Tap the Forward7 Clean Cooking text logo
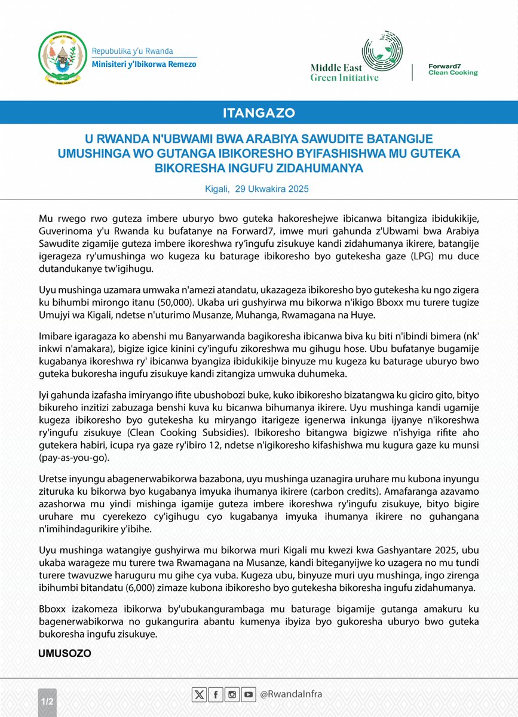point(453,69)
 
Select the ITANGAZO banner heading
point(259,112)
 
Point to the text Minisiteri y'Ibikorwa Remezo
point(143,64)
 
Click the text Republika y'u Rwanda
point(129,51)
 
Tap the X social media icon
point(199,694)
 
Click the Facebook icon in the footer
point(215,694)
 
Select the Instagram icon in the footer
point(232,694)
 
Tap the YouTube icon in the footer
point(249,694)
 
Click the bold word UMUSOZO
point(65,654)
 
